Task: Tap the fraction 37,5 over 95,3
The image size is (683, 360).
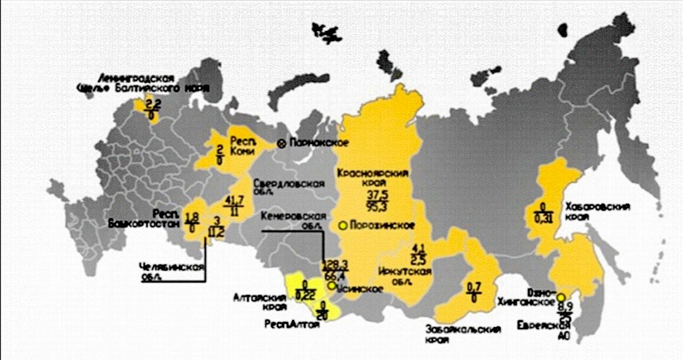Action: (x=377, y=199)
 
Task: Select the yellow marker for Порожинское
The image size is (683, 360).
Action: (x=343, y=225)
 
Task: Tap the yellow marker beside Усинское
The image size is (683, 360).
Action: (x=333, y=287)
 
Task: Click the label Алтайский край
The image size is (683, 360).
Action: (x=257, y=300)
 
